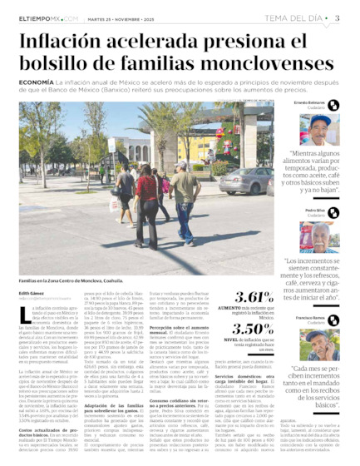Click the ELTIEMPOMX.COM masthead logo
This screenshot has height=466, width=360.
(49, 17)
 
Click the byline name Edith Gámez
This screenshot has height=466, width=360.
(32, 294)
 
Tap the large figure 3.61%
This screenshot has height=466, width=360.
(254, 298)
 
